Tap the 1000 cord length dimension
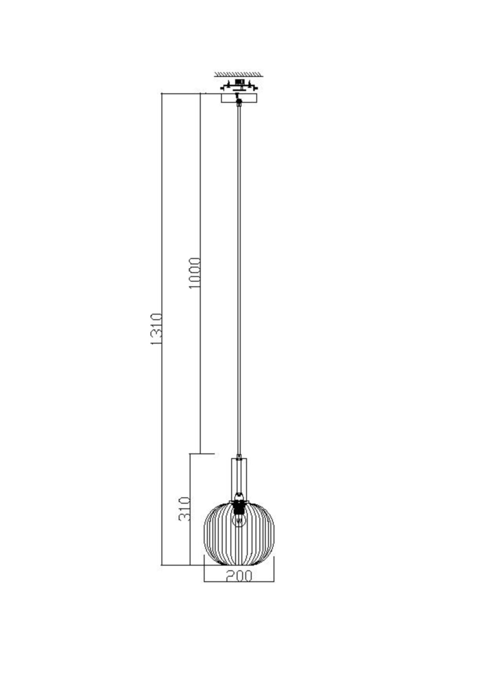tap(195, 273)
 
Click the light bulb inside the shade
tap(239, 529)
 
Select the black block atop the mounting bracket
tap(239, 82)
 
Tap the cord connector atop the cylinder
tap(239, 458)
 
